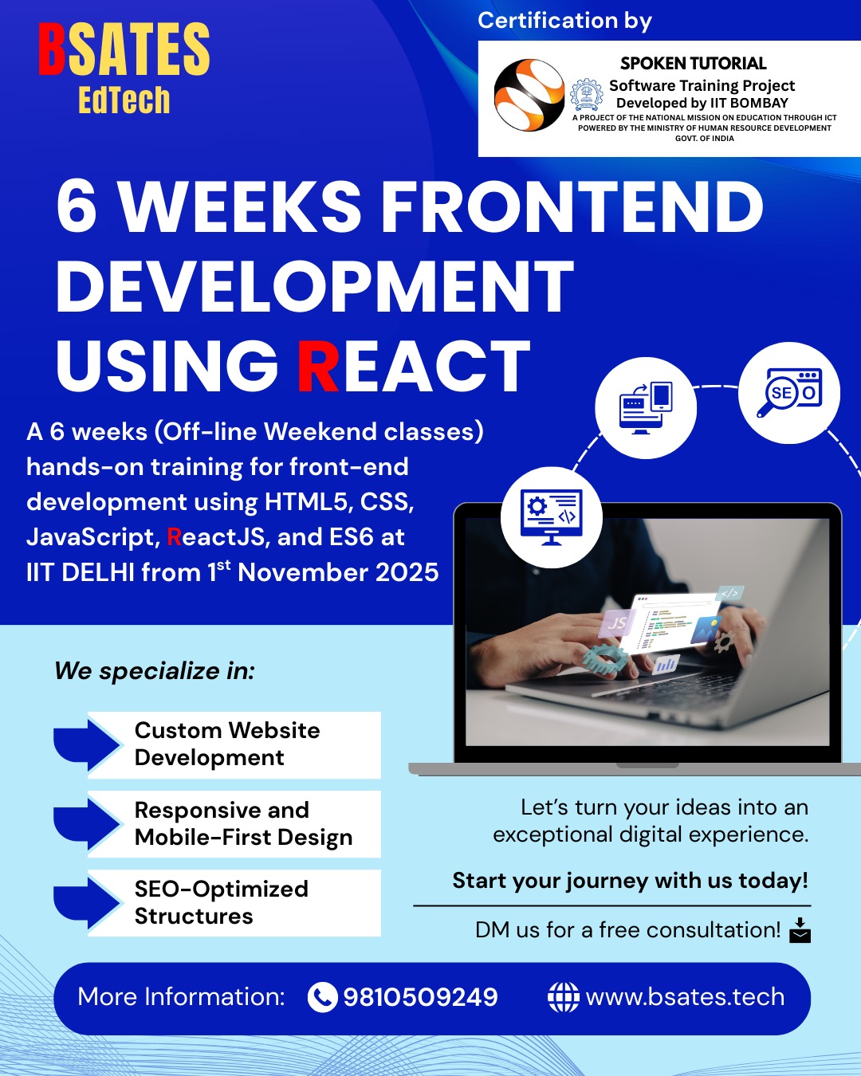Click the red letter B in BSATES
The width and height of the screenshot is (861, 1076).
(52, 49)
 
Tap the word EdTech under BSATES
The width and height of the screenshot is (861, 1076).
(124, 100)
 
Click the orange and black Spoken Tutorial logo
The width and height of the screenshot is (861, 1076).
(529, 95)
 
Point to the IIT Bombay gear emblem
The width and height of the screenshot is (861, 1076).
(586, 95)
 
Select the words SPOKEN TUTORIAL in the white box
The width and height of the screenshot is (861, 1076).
(693, 64)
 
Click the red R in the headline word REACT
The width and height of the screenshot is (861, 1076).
(318, 365)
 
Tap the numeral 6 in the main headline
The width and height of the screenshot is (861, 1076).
(76, 206)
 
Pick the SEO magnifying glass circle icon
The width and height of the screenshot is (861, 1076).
(789, 392)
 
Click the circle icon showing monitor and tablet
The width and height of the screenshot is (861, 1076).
(646, 408)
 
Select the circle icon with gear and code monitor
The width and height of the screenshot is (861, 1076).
(552, 517)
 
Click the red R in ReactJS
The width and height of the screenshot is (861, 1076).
(174, 536)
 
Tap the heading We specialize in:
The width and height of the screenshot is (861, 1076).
(155, 670)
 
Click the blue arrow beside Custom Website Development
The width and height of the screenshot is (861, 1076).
(86, 745)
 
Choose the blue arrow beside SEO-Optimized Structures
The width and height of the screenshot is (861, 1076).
(86, 903)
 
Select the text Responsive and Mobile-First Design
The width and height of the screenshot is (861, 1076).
(244, 823)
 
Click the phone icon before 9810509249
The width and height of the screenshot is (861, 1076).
(322, 997)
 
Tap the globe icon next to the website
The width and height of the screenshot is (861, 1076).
(564, 997)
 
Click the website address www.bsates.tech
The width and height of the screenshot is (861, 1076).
(685, 997)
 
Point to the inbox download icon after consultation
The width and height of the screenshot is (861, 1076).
(800, 930)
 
